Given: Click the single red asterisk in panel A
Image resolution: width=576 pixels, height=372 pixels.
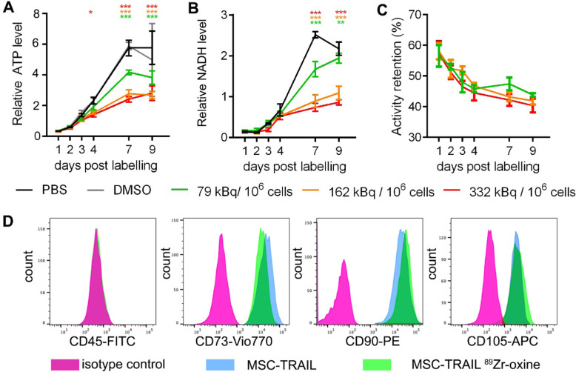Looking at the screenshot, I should (90, 13).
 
